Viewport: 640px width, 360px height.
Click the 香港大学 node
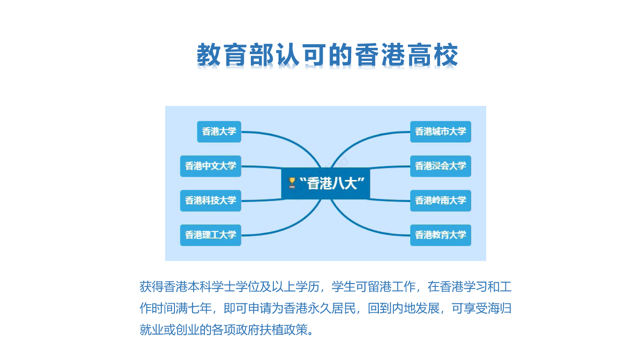click(219, 132)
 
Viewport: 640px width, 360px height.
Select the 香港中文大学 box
click(211, 166)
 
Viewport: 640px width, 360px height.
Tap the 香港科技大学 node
click(211, 201)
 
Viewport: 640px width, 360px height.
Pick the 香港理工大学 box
click(211, 235)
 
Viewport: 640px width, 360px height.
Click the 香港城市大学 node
click(441, 132)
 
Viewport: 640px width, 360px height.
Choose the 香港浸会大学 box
click(441, 166)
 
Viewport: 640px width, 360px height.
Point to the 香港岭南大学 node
click(441, 201)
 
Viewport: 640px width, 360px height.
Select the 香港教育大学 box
click(441, 235)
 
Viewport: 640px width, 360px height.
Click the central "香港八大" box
click(326, 183)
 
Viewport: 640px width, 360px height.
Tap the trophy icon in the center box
click(292, 183)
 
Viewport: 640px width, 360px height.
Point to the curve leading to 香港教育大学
click(362, 226)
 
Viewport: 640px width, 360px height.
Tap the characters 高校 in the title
click(433, 55)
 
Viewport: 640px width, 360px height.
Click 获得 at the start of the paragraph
click(151, 287)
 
